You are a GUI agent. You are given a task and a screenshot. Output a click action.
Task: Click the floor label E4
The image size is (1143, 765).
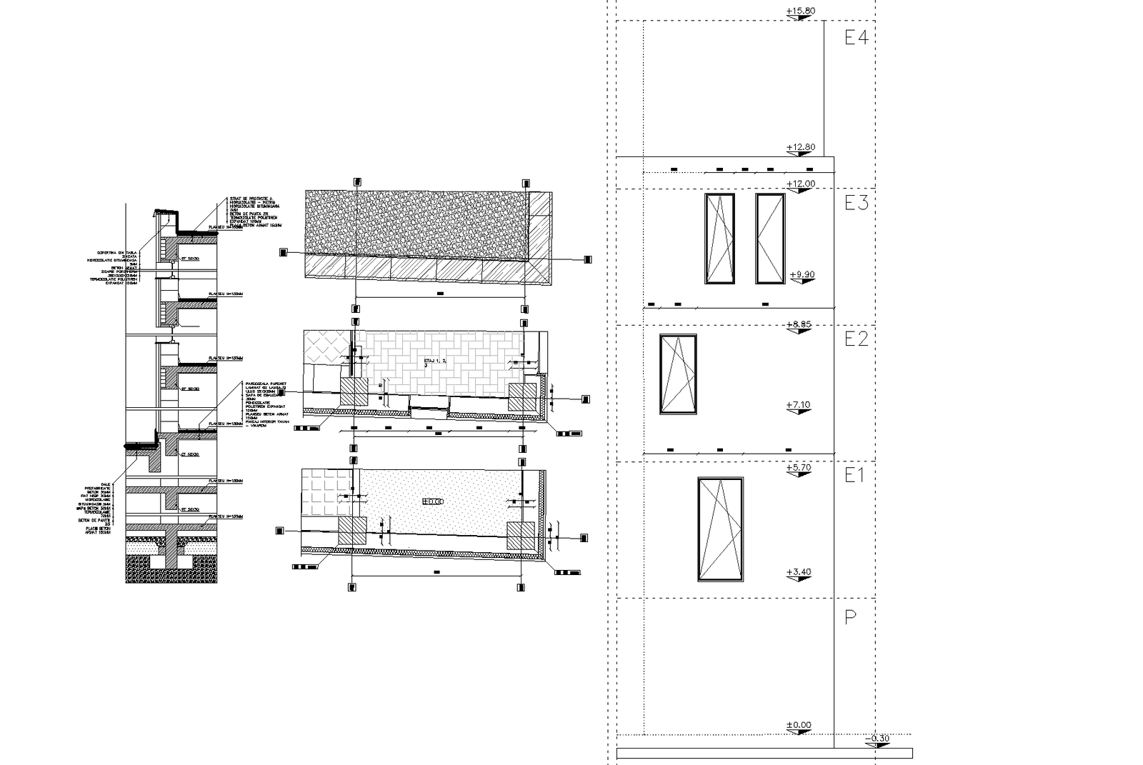click(856, 38)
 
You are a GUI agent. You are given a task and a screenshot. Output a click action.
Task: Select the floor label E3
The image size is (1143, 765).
click(856, 204)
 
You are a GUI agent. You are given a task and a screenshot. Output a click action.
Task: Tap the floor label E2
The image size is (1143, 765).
click(856, 339)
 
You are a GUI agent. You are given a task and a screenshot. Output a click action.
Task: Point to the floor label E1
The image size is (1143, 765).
click(854, 476)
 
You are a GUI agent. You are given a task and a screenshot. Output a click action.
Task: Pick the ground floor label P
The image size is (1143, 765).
click(850, 618)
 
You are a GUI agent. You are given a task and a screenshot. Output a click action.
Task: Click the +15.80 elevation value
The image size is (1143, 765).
click(799, 11)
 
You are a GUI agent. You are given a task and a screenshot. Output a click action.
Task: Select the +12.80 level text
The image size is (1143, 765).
click(799, 148)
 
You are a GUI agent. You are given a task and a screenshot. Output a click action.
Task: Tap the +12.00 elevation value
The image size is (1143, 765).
click(799, 184)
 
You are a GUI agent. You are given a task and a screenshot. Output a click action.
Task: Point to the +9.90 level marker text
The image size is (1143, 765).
click(803, 275)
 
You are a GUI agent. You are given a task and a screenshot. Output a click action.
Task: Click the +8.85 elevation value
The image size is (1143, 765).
click(799, 324)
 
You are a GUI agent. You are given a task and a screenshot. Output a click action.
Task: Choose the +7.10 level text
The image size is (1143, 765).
click(798, 405)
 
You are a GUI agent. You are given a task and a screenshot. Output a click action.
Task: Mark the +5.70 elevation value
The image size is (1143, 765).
click(799, 469)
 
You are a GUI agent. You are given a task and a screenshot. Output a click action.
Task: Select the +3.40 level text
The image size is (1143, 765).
click(798, 572)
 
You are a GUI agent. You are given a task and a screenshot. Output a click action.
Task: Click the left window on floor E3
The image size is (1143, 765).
click(719, 239)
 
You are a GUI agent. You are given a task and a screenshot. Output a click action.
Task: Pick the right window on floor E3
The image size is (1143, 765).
click(770, 239)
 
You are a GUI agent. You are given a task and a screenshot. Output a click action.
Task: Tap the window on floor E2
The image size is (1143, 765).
click(678, 374)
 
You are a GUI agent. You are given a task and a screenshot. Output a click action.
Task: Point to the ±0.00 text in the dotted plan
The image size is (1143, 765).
click(433, 502)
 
